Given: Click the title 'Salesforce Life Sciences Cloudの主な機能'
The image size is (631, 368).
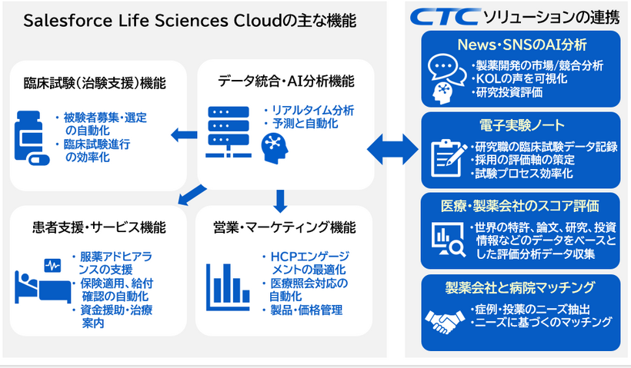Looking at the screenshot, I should pos(190,21).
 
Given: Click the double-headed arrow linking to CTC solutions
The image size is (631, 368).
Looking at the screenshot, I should pos(394,145).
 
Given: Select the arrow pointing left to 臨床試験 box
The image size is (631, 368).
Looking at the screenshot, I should pos(182,136).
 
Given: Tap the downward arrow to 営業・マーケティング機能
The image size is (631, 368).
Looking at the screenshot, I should pos(280,201).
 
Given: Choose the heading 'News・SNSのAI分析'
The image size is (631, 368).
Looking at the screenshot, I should pos(520,44).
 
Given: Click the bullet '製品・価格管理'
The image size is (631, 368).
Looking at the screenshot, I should pos(305,310).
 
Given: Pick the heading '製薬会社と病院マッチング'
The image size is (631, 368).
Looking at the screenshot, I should pos(521,287).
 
